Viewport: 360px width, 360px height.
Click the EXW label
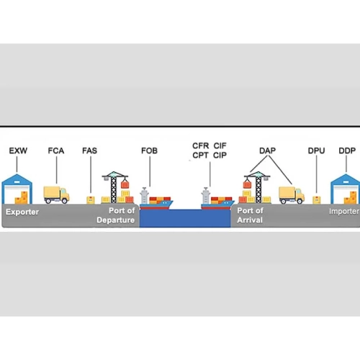coord(18,150)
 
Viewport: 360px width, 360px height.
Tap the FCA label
coord(56,150)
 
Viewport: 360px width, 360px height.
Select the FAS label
coord(89,150)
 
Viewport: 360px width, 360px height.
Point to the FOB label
coord(149,150)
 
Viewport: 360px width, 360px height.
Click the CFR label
coord(201,145)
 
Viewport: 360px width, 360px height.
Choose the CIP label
coord(220,156)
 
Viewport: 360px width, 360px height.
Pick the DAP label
coord(267,150)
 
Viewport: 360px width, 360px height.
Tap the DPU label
coord(316,150)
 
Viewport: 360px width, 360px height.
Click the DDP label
coord(347,150)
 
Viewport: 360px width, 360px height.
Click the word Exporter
coord(22,212)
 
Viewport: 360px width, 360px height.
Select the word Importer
coord(344,212)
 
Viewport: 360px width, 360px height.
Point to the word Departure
coord(116,220)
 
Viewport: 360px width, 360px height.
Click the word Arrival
coord(250,220)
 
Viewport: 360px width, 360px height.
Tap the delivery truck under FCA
coord(56,195)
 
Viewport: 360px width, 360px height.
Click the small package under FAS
coord(91,200)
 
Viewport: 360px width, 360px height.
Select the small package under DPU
coord(317,200)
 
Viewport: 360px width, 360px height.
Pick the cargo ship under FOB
coord(156,199)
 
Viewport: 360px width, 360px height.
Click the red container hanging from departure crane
coord(125,184)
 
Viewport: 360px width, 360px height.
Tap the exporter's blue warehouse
coord(17,189)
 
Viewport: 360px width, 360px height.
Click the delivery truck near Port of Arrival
coord(292,195)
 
